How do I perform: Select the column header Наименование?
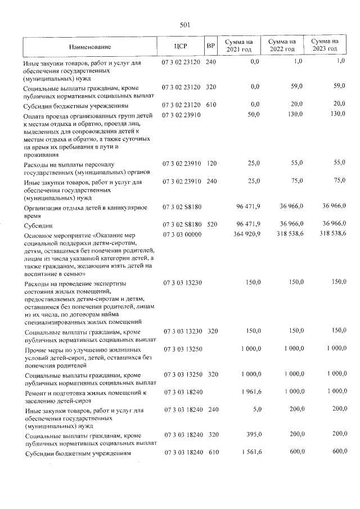90,47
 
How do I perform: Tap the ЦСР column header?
181,47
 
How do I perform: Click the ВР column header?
210,47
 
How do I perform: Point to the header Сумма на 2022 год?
282,46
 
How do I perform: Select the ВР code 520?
211,224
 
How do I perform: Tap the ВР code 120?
211,163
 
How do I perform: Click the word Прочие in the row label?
33,350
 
